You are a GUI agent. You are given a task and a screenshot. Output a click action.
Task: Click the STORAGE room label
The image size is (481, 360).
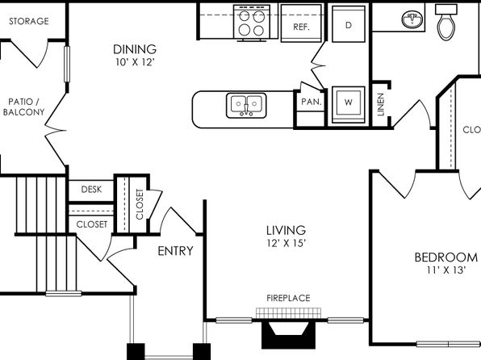(x=29, y=21)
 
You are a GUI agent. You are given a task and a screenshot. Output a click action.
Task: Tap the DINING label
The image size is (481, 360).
(x=135, y=49)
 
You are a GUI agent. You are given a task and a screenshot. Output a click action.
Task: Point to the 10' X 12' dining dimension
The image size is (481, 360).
(x=135, y=62)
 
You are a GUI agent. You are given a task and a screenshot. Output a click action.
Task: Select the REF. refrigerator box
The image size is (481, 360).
(x=301, y=23)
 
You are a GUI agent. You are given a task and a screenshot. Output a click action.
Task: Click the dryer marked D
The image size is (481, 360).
(x=349, y=23)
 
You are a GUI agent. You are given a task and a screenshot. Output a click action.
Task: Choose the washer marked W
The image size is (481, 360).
(x=349, y=105)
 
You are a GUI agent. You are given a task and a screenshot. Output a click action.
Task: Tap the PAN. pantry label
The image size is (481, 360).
(x=312, y=102)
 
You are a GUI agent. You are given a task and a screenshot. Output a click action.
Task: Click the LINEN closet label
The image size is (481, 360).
(x=381, y=104)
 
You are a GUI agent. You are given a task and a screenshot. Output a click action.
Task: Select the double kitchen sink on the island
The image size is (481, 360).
(x=246, y=106)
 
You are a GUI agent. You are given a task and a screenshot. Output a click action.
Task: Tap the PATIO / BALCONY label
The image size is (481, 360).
(x=23, y=107)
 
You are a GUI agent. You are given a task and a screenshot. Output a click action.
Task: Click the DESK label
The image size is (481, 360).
(x=91, y=190)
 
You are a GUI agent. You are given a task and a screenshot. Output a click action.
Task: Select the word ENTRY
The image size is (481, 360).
(x=175, y=251)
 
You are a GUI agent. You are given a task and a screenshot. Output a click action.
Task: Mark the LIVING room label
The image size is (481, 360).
(x=286, y=230)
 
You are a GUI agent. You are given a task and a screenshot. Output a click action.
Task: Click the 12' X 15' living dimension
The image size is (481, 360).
(x=287, y=244)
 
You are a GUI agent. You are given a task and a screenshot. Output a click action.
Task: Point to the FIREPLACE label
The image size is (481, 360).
(x=288, y=298)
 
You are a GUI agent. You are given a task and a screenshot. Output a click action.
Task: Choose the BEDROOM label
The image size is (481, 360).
(x=446, y=257)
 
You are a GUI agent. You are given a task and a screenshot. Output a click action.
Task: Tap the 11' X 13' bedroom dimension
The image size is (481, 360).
(x=446, y=270)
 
